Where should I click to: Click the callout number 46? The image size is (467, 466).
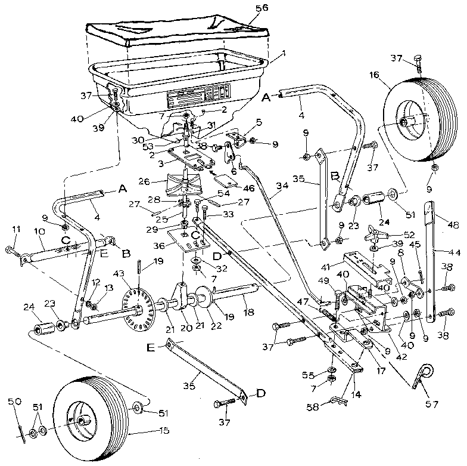pyautogui.click(x=248, y=187)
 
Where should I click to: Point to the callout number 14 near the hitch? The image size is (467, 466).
pyautogui.click(x=356, y=394)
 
